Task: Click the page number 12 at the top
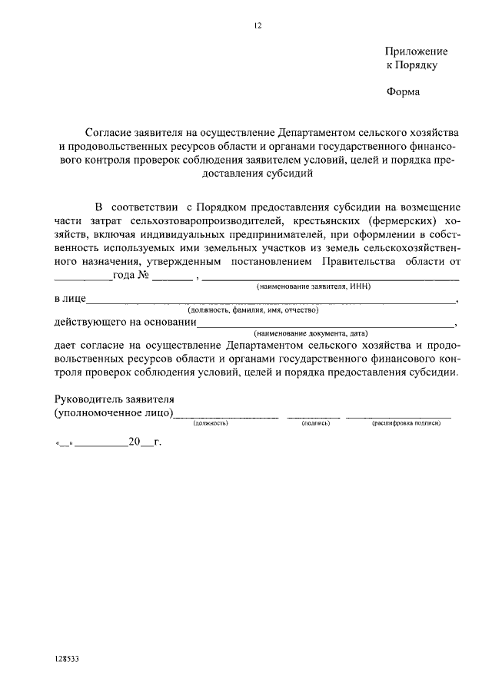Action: (x=258, y=25)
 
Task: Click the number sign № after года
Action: (x=143, y=275)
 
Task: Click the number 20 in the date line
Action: (x=135, y=442)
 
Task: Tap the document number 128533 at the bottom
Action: (x=67, y=659)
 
